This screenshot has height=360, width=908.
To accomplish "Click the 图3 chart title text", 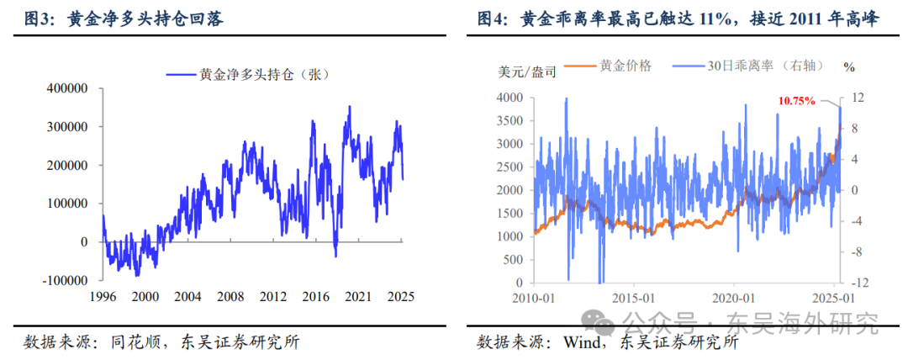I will (118, 17).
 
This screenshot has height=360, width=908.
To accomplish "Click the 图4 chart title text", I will (677, 17).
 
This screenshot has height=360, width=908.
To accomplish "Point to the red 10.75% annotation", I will (796, 101).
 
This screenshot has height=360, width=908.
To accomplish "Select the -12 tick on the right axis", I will (857, 283).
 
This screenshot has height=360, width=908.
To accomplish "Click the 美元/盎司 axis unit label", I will (522, 71).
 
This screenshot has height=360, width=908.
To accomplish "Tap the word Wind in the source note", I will (569, 342).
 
